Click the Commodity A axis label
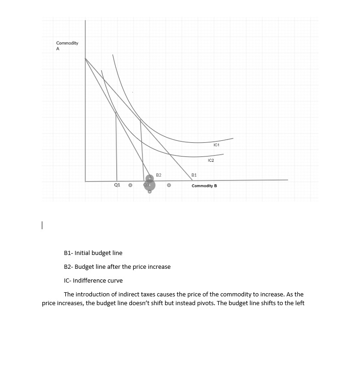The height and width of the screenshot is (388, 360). click(67, 46)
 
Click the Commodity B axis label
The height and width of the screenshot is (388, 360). click(204, 186)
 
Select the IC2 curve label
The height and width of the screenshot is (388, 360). click(211, 161)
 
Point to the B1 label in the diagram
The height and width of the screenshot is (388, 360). click(194, 175)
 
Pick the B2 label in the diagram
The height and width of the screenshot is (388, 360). click(159, 175)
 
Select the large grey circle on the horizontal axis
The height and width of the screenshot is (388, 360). click(149, 185)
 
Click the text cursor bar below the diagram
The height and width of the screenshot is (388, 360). click(42, 226)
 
